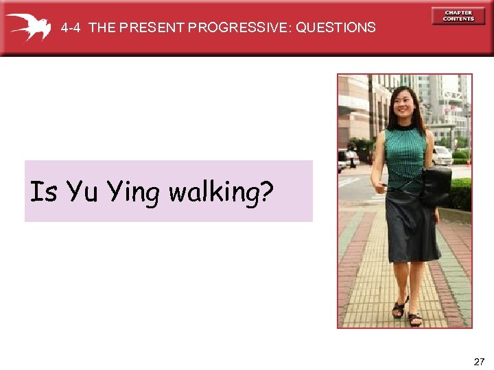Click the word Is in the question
tap(43, 193)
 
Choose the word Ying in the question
tap(134, 194)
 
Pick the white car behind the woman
tap(443, 156)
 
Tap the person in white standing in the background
tap(353, 160)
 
